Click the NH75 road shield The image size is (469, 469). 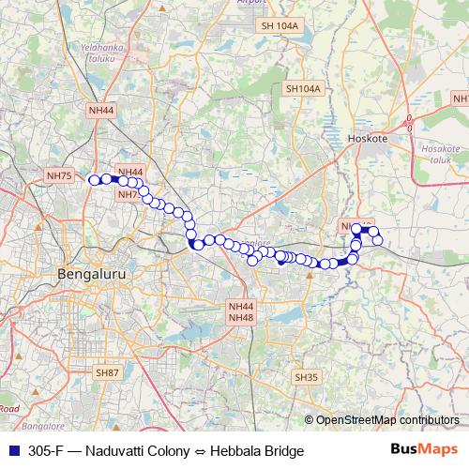[58, 175]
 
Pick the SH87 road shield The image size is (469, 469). [108, 372]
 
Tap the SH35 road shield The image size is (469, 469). [307, 376]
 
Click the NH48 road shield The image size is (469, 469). [241, 318]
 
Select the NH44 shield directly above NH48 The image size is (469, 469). [241, 307]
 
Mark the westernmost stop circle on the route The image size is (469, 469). [93, 180]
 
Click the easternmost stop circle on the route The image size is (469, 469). [378, 240]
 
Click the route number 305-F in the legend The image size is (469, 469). [47, 451]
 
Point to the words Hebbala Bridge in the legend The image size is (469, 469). [258, 451]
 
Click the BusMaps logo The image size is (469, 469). [422, 450]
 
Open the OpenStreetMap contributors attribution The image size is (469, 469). [386, 420]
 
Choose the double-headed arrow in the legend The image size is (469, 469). [201, 451]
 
